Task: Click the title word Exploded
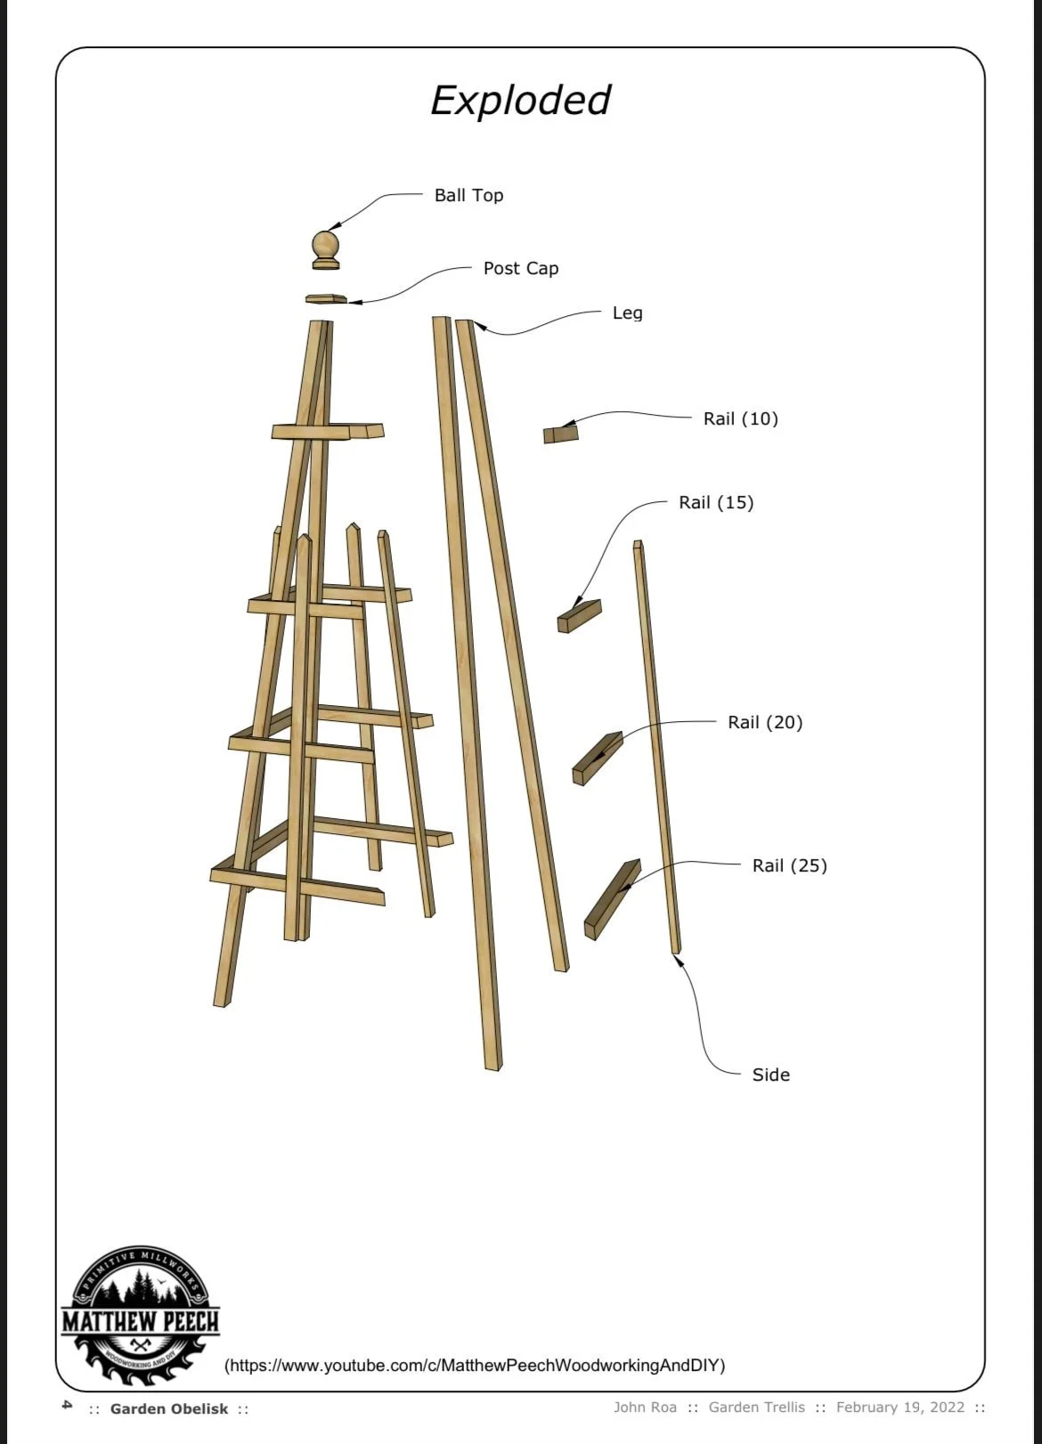[520, 101]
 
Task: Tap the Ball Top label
[468, 195]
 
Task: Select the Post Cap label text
[521, 269]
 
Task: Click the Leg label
[627, 313]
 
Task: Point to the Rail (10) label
[741, 419]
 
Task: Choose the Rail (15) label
[716, 503]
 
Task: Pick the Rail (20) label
[765, 723]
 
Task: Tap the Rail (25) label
[790, 865]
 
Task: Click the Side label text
[771, 1075]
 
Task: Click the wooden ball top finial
[326, 250]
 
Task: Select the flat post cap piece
[326, 299]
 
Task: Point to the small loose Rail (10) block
[560, 434]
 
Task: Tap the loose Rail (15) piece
[579, 616]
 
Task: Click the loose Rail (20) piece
[598, 759]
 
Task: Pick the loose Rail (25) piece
[613, 899]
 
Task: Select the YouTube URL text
[475, 1365]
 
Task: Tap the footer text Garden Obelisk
[169, 1408]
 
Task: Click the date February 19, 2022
[900, 1407]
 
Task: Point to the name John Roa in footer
[645, 1407]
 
